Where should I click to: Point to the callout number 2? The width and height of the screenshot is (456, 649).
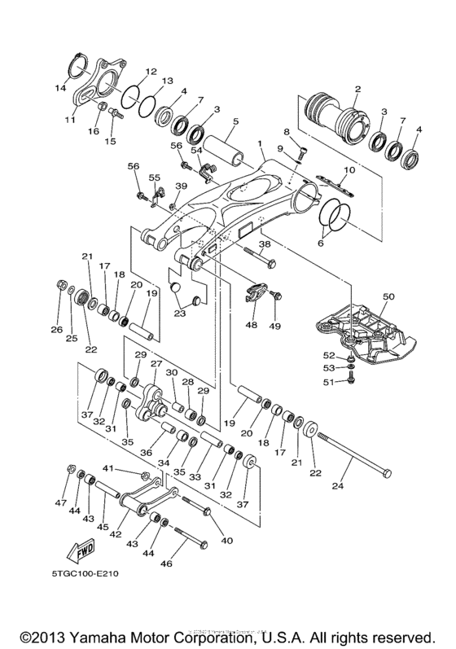point(357,88)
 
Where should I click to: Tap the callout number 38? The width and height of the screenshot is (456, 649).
point(265,243)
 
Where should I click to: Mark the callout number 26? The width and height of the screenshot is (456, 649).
point(57,329)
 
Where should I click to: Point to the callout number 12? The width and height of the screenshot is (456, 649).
point(151,71)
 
